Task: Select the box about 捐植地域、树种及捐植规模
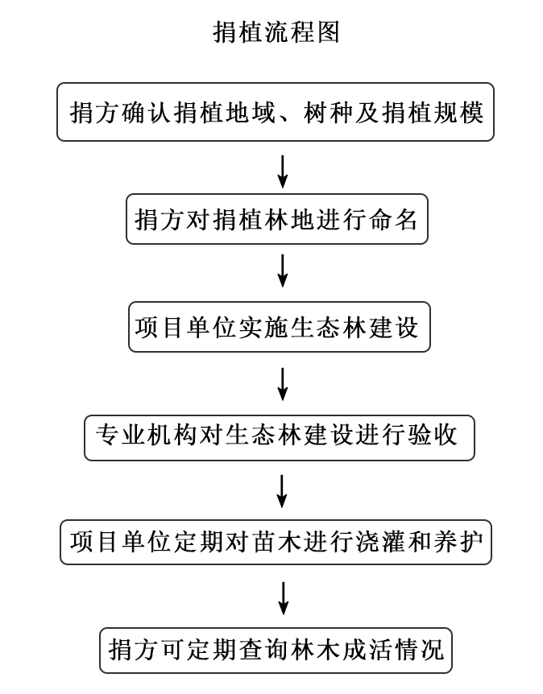[276, 112]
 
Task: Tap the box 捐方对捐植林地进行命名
[276, 218]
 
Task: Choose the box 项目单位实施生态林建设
[279, 327]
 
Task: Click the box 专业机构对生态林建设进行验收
[279, 436]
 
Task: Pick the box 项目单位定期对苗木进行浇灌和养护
[276, 543]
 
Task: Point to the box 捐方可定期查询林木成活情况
[276, 650]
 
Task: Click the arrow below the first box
[282, 170]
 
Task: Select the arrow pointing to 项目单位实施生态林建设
[282, 271]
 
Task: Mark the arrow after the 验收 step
[282, 490]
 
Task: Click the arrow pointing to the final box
[282, 598]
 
